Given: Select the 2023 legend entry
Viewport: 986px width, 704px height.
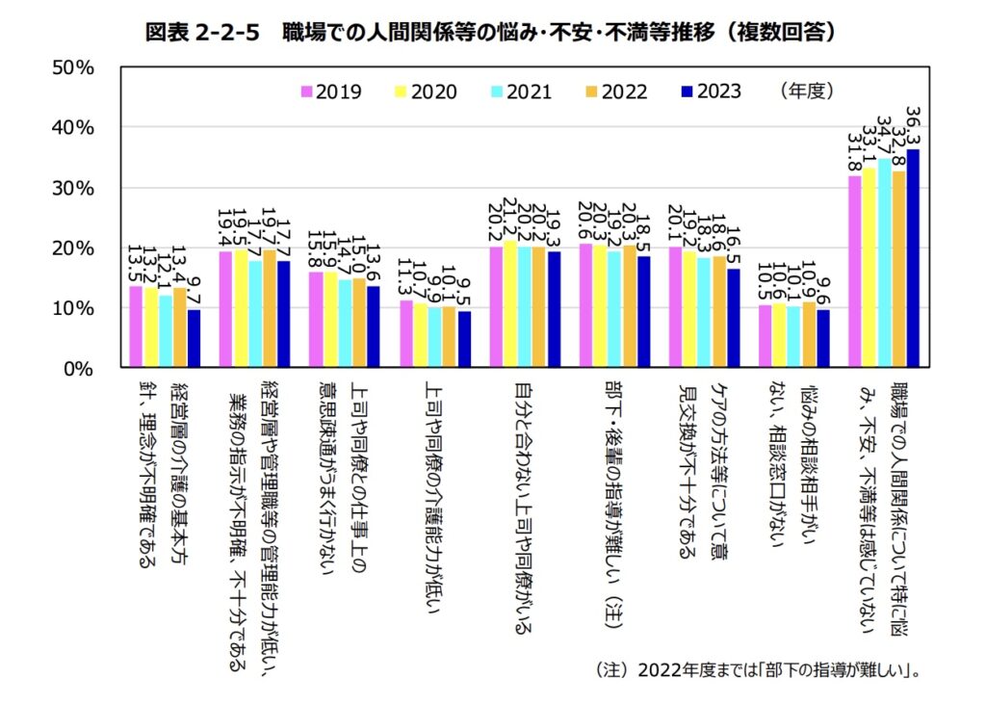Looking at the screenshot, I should (711, 92).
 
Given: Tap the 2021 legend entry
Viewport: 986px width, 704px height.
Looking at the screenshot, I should (521, 92).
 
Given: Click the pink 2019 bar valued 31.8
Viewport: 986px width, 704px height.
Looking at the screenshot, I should (854, 272).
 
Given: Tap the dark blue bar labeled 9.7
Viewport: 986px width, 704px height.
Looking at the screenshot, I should (194, 338).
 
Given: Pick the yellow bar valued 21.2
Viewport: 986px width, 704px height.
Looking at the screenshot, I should (510, 303).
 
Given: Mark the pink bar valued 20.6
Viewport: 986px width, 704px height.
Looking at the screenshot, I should (585, 305).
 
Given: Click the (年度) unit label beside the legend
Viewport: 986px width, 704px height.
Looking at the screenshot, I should (807, 91).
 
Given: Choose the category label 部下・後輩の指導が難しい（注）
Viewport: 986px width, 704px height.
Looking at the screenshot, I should (614, 501).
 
